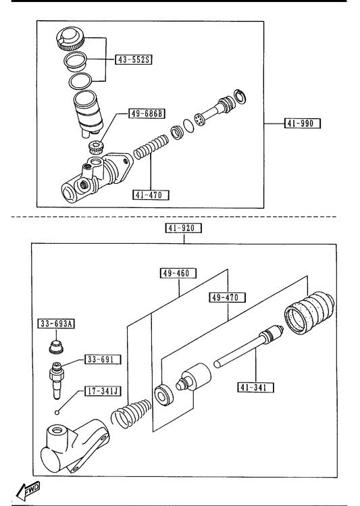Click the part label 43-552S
coord(134,59)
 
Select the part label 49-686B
coord(147,113)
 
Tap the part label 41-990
coord(303,123)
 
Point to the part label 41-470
coord(151,195)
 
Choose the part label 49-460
coord(179,274)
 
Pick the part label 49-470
coord(227,297)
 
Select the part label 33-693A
coord(56,324)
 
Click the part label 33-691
coord(103,359)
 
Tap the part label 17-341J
coord(103,391)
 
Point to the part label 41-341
coord(256,387)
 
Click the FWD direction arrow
coord(28,490)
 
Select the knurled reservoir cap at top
coord(70,39)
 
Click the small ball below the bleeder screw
coord(57,412)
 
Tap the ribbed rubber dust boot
coord(309,312)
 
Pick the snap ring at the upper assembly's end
coord(240,96)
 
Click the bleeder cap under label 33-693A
coord(56,347)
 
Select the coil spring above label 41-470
coord(151,147)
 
